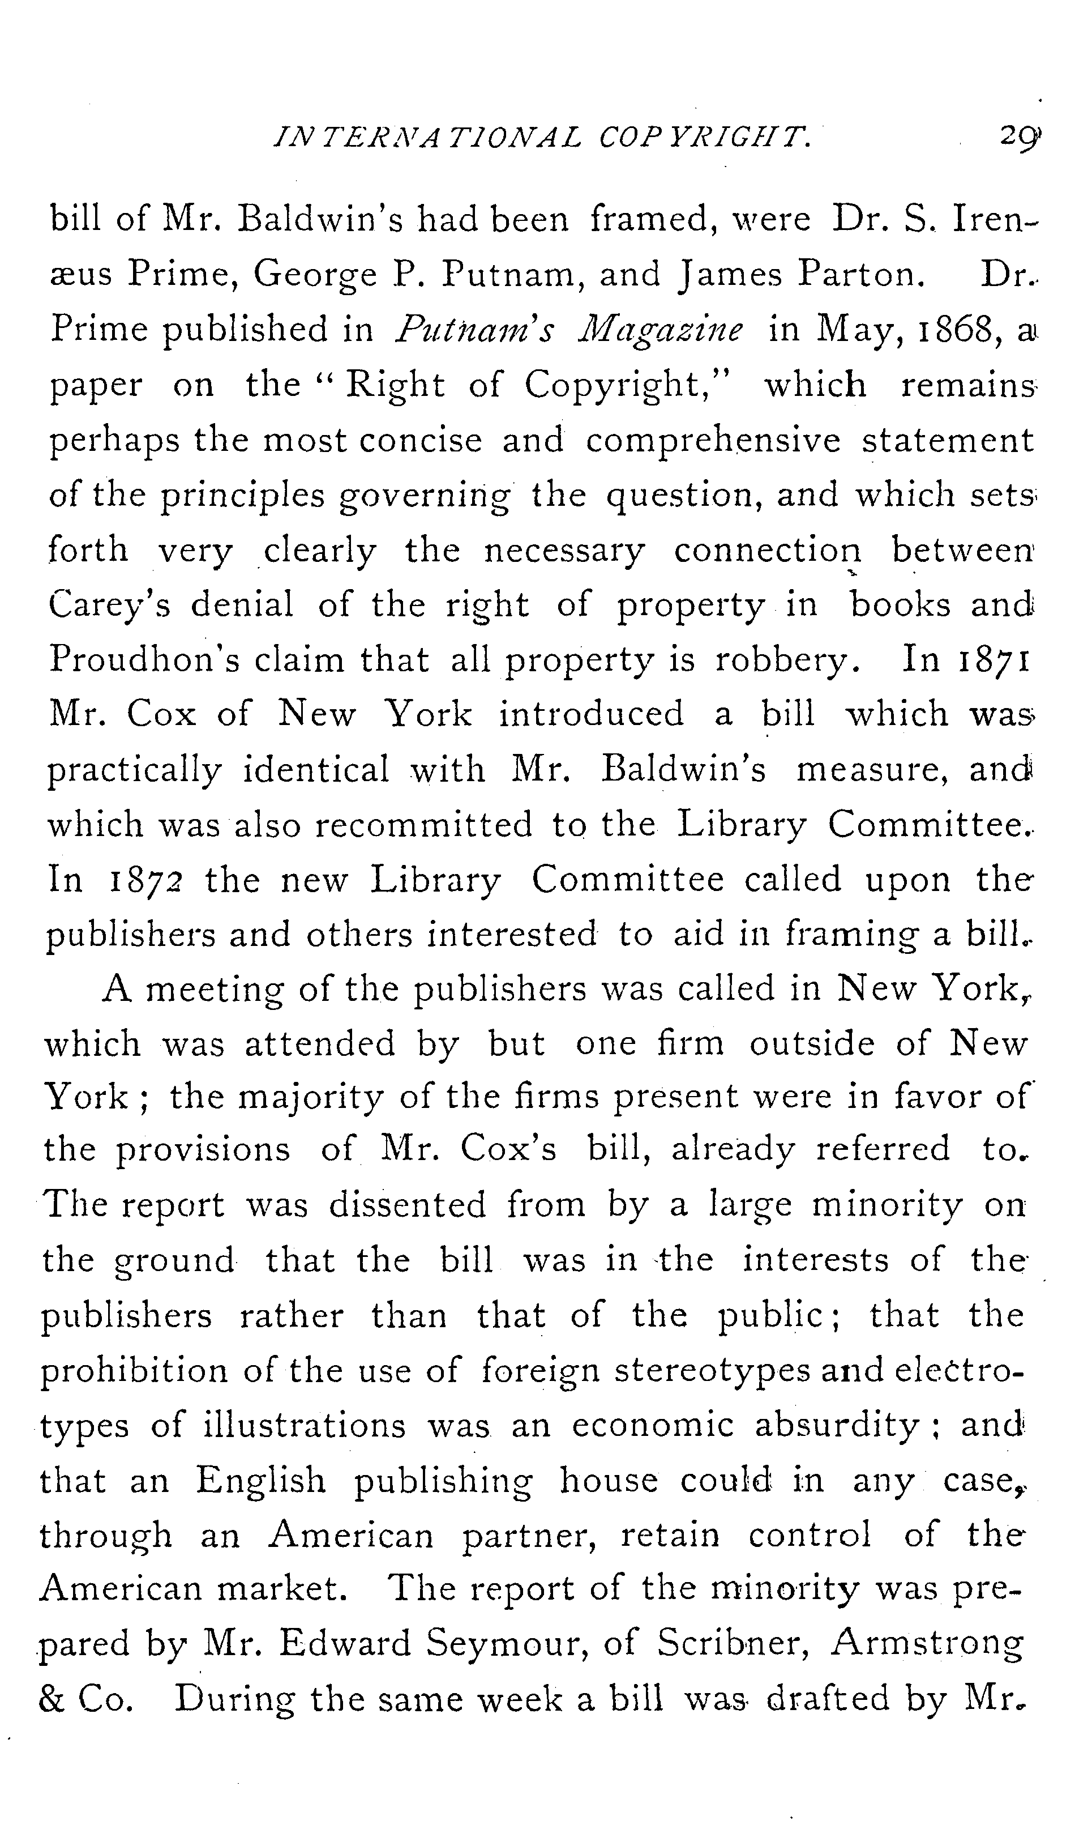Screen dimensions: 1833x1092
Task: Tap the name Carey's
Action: [110, 604]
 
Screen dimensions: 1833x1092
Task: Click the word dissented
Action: [408, 1205]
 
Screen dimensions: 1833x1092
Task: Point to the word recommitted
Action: [424, 825]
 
